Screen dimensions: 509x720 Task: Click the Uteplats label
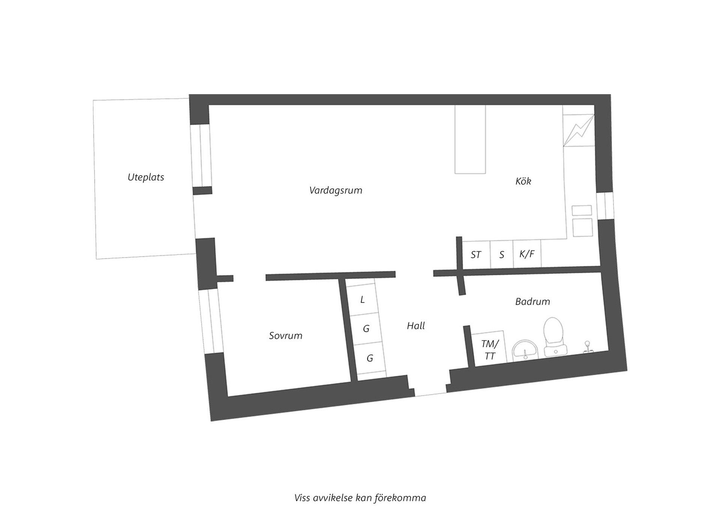coord(146,177)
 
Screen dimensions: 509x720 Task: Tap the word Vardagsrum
coord(336,190)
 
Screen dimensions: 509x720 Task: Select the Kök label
coord(523,182)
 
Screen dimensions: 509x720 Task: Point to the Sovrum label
coord(285,336)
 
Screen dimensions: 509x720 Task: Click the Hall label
coord(416,326)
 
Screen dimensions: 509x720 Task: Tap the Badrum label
coord(532,302)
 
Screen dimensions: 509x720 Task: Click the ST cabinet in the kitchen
coord(476,255)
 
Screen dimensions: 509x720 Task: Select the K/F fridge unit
coord(527,254)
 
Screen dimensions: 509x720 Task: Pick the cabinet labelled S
coord(502,255)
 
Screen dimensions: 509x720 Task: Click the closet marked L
coord(362,300)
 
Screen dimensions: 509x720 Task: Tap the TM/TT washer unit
coord(489,350)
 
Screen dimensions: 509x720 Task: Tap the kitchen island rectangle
coord(470,139)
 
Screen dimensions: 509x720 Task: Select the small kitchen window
coord(605,206)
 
